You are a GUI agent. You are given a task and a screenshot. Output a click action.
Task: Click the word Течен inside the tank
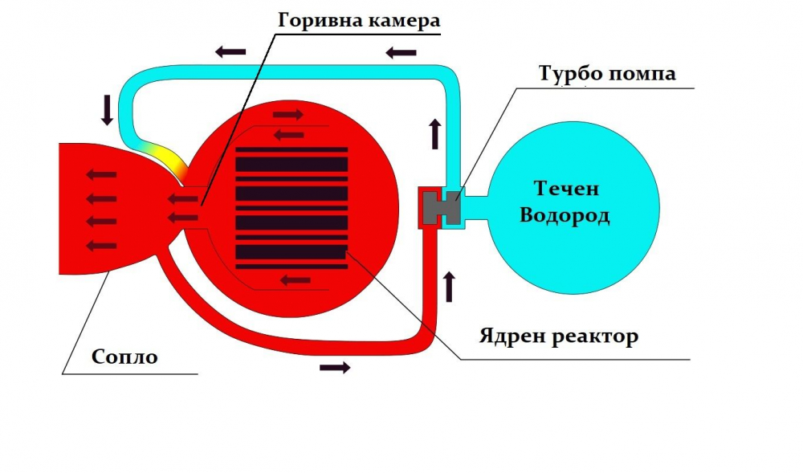point(566,189)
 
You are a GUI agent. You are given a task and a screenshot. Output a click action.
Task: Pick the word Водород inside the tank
point(565,215)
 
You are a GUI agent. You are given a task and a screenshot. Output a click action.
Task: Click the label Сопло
point(124,357)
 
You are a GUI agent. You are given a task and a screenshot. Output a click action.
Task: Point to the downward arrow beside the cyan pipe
point(107,109)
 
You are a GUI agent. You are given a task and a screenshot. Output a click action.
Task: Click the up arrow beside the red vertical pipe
point(449,287)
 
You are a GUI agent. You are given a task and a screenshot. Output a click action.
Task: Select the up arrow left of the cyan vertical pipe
point(435,134)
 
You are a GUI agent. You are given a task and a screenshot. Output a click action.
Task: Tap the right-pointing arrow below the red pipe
point(335,367)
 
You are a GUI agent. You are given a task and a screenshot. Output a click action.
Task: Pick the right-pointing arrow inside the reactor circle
point(288,114)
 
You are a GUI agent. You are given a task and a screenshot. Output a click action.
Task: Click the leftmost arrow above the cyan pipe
point(230,51)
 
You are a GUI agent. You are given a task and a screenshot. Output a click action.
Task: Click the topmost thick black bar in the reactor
point(291,165)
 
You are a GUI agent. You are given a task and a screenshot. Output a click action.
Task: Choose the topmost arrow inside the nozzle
point(101,175)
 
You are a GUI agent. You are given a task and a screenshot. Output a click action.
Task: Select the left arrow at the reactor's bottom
point(296,280)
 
